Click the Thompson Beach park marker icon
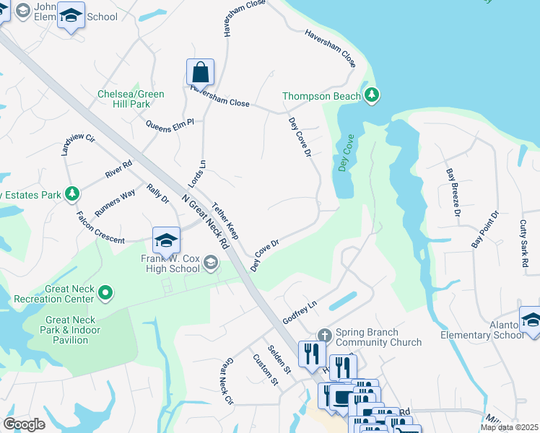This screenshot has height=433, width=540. tap(372, 95)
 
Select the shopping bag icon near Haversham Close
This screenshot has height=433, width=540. tap(200, 72)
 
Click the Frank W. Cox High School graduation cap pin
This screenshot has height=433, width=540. tap(165, 240)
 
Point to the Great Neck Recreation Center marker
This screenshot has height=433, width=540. tap(106, 292)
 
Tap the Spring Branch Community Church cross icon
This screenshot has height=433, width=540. tap(324, 334)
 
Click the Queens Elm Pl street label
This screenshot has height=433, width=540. tap(170, 124)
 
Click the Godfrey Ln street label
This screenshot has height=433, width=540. tap(300, 312)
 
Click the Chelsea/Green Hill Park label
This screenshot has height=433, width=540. tap(131, 99)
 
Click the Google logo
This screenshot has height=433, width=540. tap(24, 424)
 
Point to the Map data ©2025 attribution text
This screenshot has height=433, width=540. tap(509, 427)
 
